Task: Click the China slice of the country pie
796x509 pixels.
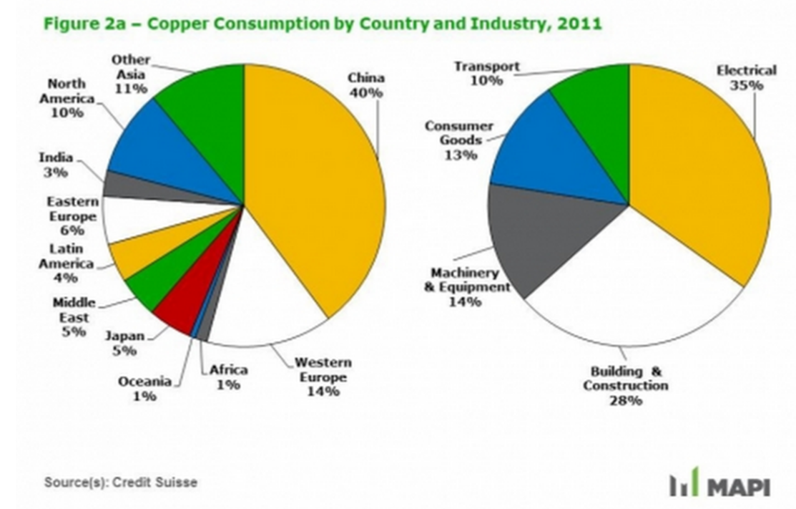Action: [x=315, y=186]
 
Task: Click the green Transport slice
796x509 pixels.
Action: [x=597, y=100]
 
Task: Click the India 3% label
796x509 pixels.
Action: [x=55, y=165]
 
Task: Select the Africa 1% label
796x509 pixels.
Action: [x=229, y=377]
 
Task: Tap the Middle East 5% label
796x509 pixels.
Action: [x=74, y=317]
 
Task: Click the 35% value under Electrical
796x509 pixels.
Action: [x=746, y=85]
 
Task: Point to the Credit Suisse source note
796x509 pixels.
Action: [x=120, y=482]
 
